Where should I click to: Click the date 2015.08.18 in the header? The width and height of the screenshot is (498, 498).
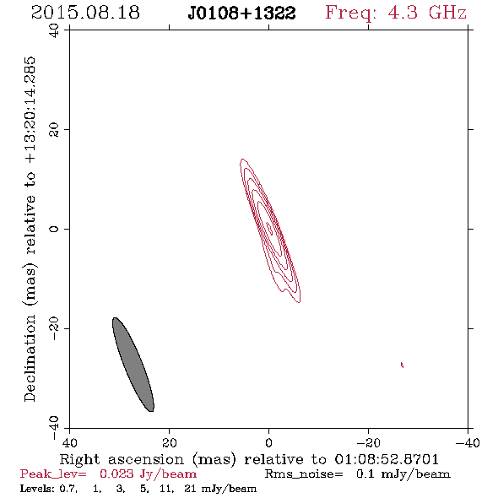pos(85,13)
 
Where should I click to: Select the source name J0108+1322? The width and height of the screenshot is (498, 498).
pos(242,14)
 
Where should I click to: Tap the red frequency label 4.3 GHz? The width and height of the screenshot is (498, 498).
pos(427,13)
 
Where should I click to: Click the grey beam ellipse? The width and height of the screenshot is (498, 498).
pos(133,365)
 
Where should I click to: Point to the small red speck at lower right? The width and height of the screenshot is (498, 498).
pos(402,365)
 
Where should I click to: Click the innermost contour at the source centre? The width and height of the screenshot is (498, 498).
pos(269,229)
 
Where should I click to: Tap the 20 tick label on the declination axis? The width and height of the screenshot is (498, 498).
pos(54,130)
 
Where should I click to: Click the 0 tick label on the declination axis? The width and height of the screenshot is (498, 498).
pos(54,229)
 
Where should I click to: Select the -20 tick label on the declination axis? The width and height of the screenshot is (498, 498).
pos(54,328)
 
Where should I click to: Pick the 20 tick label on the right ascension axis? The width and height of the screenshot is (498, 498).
pos(170,442)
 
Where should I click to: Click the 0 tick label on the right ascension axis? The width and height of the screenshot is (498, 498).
pos(269,442)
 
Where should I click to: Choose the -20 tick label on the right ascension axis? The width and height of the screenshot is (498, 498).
pos(368,442)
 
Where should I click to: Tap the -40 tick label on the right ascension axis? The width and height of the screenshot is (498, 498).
pos(468,442)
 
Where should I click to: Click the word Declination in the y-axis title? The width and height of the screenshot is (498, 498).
pos(30,358)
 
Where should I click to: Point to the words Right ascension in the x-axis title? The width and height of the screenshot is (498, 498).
pos(122,459)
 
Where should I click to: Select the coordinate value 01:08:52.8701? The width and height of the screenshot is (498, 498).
pos(387,459)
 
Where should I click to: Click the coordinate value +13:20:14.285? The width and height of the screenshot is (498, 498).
pos(30,111)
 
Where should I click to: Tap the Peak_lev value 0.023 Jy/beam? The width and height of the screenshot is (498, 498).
pos(149,474)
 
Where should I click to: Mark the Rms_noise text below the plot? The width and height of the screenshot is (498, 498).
pos(304,474)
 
